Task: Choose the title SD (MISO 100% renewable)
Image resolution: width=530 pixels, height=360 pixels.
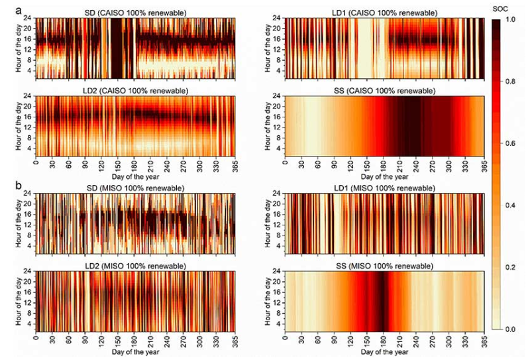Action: point(134,189)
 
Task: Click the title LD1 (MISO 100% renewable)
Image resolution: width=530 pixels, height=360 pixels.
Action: point(384,189)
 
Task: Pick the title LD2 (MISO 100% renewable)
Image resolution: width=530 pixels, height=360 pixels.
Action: point(134,266)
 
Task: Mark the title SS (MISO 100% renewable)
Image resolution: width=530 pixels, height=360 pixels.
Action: point(384,266)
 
